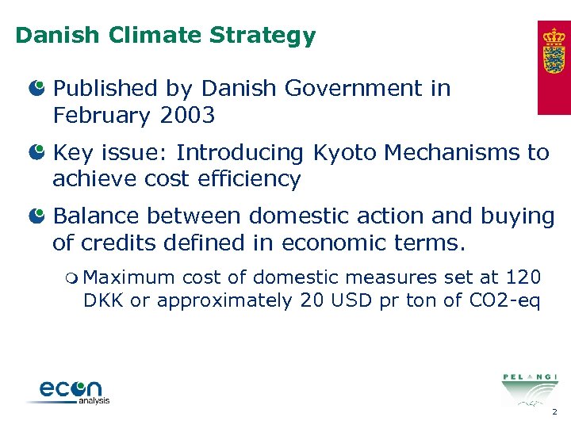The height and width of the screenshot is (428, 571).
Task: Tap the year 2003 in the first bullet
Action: click(x=187, y=116)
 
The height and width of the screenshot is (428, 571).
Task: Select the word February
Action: click(x=101, y=116)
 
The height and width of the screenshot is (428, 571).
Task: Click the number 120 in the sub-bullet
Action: click(x=524, y=277)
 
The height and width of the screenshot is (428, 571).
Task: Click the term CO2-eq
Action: click(x=506, y=301)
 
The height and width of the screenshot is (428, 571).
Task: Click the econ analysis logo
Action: click(x=70, y=392)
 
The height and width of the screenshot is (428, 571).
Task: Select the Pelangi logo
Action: click(x=529, y=388)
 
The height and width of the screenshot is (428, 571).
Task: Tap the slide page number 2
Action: click(x=554, y=412)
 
